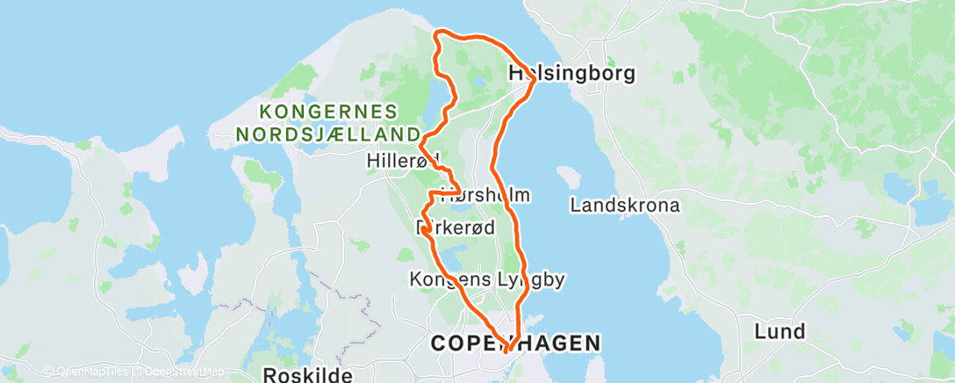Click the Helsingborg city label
pos(571,74)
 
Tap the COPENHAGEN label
pos(516,343)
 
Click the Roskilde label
pos(307,375)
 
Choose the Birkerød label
pos(455,228)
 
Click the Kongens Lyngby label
pos(486,280)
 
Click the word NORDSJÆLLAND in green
pos(327,134)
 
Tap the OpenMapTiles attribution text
pos(85,372)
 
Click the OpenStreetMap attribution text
pos(180,372)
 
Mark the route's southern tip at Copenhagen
pos(507,352)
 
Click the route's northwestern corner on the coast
pos(437,33)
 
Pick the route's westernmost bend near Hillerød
pos(421,142)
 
